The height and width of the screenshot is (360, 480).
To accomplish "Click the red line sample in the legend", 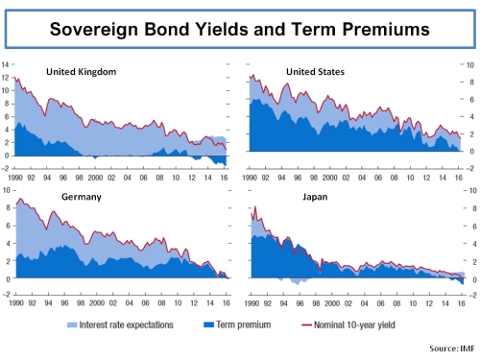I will pyautogui.click(x=308, y=325).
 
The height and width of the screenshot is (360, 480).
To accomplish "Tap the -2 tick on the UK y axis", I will pyautogui.click(x=7, y=168).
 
